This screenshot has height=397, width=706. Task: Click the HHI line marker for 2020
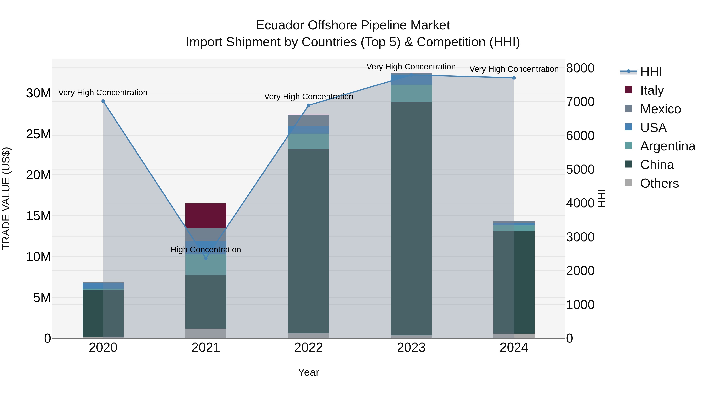tap(103, 101)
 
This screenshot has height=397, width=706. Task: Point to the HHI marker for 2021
tap(206, 258)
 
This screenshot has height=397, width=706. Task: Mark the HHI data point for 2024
tap(514, 78)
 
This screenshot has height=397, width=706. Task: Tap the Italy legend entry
tap(652, 90)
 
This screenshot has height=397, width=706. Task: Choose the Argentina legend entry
tap(668, 146)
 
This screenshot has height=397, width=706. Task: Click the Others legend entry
tap(659, 183)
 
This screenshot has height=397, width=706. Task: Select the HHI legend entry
tap(651, 72)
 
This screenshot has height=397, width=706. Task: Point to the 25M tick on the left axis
tap(38, 134)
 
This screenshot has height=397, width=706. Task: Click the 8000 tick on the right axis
tap(580, 68)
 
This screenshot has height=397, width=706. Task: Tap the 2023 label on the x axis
tap(411, 348)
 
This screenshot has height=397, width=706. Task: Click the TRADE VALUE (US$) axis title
tap(6, 198)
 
